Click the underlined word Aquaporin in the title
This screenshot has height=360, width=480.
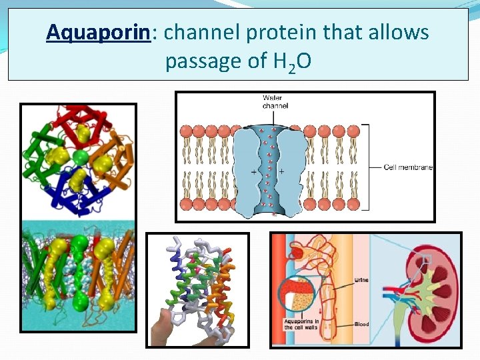click(x=98, y=32)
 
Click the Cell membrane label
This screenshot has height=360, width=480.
click(x=408, y=167)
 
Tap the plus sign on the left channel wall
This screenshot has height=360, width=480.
click(x=253, y=172)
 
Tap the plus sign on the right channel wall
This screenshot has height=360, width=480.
click(x=281, y=172)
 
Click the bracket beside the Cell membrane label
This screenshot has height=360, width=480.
click(x=366, y=167)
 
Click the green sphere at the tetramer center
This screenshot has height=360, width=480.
click(x=79, y=158)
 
